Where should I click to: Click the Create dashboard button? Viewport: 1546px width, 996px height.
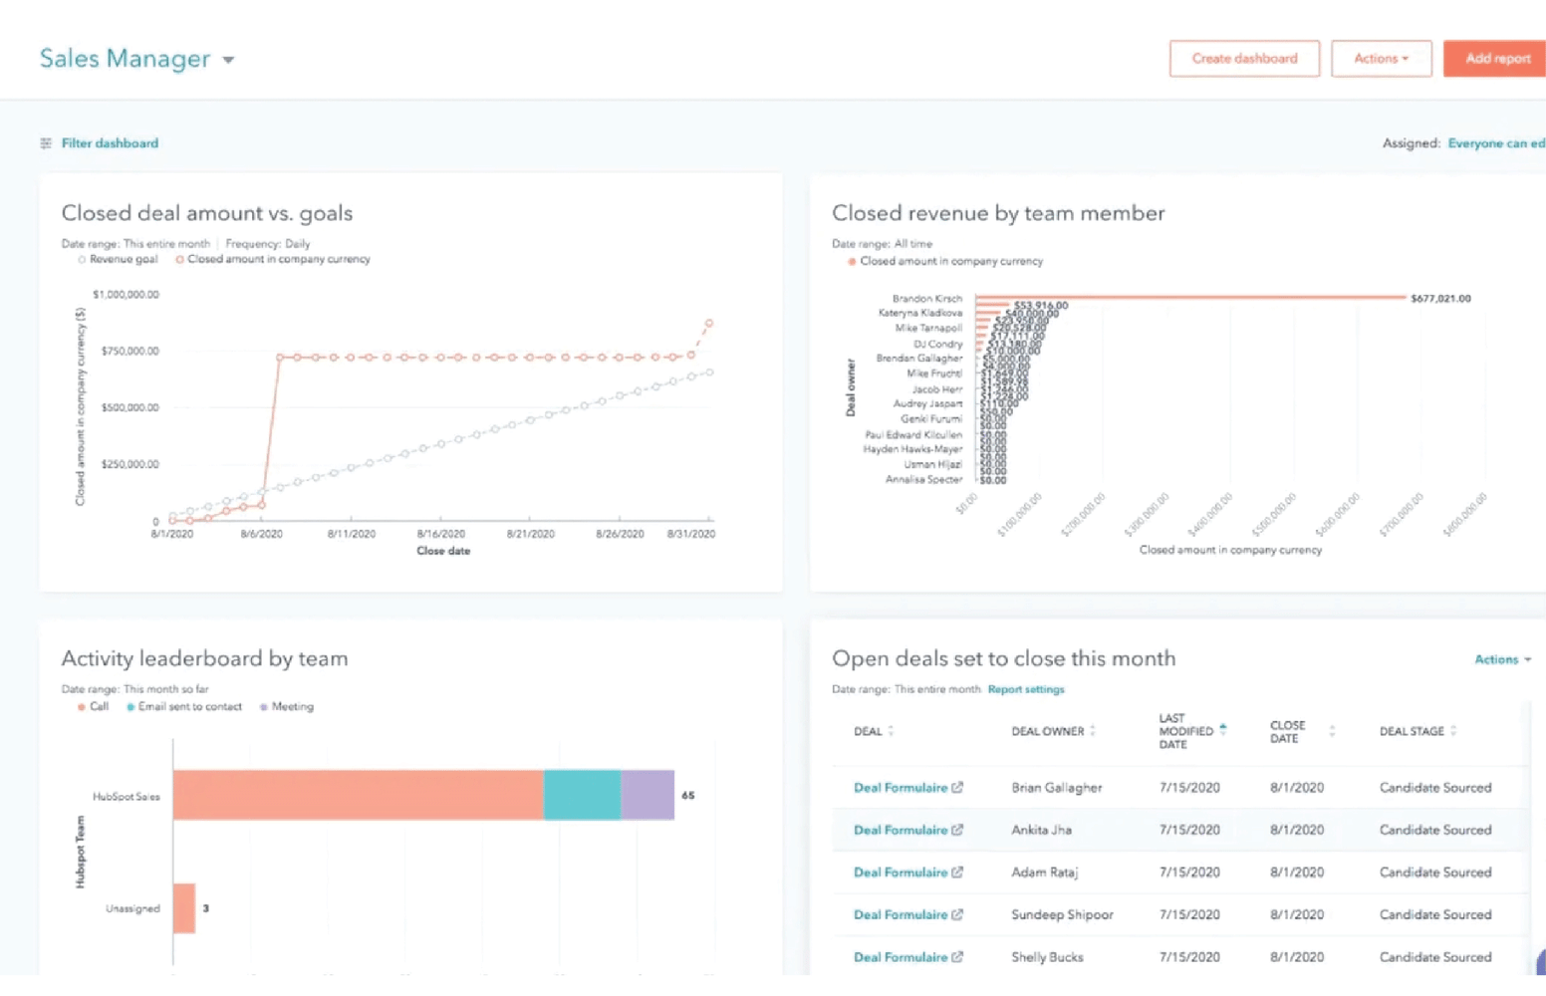tap(1244, 59)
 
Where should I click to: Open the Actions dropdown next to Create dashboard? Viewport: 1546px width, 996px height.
tap(1381, 59)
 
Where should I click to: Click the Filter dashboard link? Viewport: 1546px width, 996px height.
tap(110, 143)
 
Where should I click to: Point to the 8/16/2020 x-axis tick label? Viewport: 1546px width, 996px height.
tap(440, 534)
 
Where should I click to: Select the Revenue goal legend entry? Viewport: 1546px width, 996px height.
tap(123, 259)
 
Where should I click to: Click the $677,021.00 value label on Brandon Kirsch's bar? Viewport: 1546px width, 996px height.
tap(1440, 298)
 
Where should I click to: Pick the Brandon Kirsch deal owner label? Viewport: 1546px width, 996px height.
tap(926, 298)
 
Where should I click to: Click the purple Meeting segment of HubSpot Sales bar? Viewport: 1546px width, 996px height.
tap(647, 795)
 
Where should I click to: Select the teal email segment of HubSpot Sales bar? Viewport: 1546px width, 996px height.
tap(582, 795)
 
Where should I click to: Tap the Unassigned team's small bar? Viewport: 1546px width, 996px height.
tap(184, 908)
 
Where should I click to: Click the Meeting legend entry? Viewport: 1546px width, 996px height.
tap(292, 706)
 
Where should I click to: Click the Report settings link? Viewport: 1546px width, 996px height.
tap(1026, 689)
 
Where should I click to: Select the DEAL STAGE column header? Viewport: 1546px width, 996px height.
tap(1411, 731)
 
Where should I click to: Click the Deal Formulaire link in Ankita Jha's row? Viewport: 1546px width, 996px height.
tap(901, 830)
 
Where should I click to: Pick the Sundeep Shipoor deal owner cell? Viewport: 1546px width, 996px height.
tap(1062, 914)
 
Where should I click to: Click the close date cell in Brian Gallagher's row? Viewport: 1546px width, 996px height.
tap(1296, 787)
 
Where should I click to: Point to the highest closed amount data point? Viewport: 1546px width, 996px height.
tap(709, 324)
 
